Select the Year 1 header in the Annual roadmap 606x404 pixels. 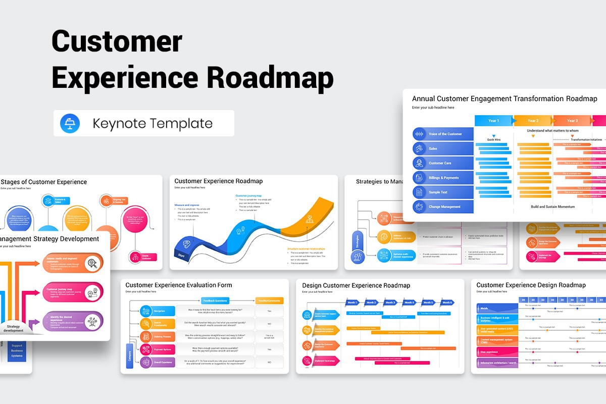point(493,121)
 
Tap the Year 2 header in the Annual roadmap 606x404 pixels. point(533,121)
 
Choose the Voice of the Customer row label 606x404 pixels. point(444,134)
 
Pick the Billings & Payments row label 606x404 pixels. point(444,178)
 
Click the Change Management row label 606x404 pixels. point(444,207)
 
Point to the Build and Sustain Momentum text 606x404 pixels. point(552,207)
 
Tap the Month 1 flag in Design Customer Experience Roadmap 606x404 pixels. point(352,302)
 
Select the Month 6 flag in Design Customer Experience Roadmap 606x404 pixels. point(446,302)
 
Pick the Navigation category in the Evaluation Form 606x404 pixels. point(158,311)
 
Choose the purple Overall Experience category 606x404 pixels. point(158,362)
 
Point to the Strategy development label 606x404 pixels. point(14,328)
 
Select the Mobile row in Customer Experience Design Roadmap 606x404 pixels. point(495,308)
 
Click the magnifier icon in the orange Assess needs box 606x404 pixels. point(92,262)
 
